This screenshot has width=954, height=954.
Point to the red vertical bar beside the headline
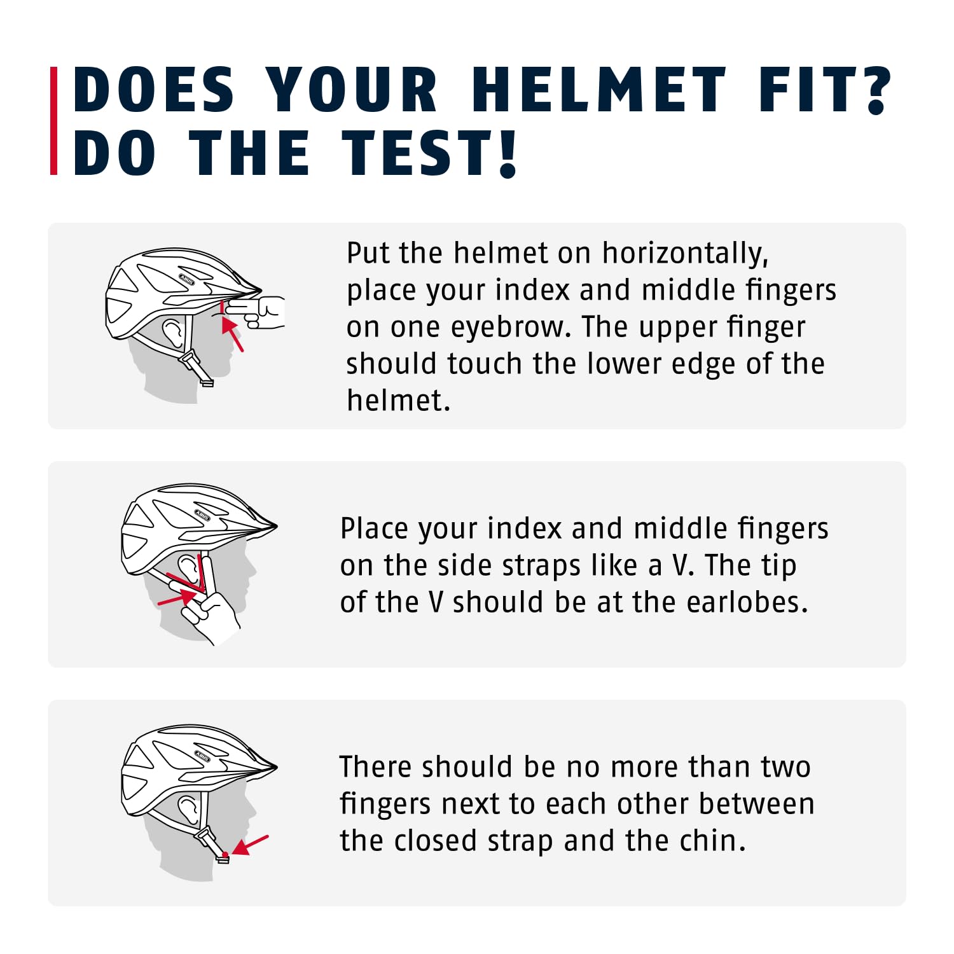(54, 121)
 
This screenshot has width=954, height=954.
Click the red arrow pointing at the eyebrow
(232, 334)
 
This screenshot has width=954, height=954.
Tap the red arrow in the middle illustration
(176, 597)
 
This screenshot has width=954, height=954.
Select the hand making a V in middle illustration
(207, 611)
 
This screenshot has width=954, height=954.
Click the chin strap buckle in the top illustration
(197, 369)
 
